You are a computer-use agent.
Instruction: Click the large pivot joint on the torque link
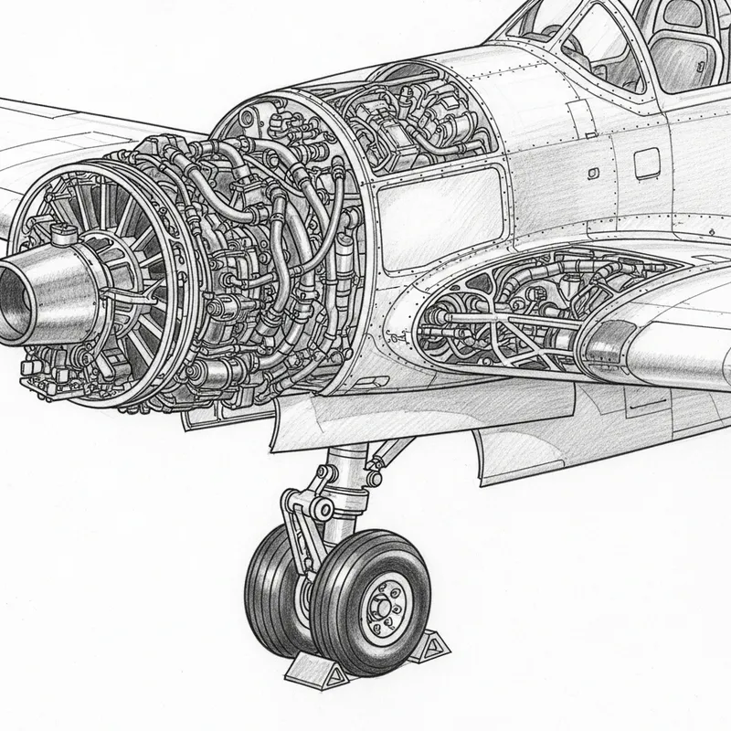[x=321, y=508]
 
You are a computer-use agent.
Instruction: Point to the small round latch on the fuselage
[x=594, y=172]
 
